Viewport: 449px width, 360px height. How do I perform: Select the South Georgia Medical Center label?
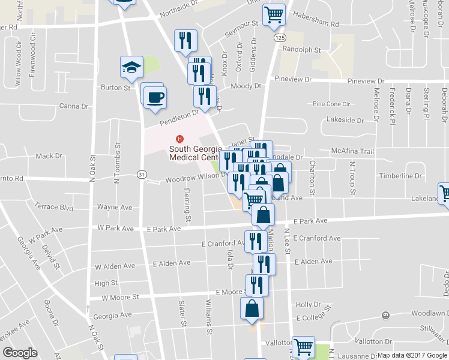tap(193, 154)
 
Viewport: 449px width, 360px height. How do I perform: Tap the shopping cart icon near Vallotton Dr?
tap(303, 347)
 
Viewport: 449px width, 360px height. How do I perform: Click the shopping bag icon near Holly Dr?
tap(252, 308)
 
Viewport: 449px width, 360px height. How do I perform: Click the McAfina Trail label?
tap(352, 151)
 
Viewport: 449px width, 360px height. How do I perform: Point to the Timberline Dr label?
tap(400, 176)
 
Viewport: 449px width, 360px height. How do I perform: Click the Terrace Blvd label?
tap(55, 208)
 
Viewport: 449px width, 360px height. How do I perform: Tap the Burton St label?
tap(115, 88)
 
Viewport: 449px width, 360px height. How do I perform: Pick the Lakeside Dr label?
tap(345, 120)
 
